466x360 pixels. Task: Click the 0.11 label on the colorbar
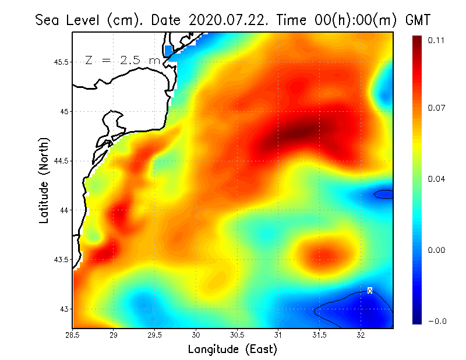coord(436,40)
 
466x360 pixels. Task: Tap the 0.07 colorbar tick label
coord(436,108)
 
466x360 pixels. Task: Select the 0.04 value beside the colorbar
coord(436,179)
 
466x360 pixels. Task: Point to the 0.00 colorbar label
coord(436,250)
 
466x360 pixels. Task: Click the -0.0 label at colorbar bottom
coord(436,321)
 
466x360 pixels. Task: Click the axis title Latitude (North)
coord(44,180)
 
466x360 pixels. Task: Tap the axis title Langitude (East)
coord(232,349)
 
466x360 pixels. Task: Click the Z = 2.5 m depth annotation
coord(122,60)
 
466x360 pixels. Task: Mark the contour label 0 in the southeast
coord(370,290)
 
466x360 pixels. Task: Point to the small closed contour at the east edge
coord(384,194)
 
